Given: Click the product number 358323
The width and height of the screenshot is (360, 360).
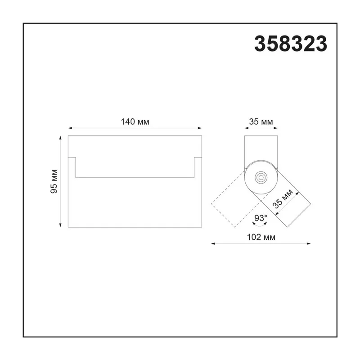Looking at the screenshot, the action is pos(291,44).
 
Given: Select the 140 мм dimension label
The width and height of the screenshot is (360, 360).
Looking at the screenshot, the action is pos(135,121).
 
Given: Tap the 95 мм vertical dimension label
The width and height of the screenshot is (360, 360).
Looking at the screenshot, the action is pos(54,181).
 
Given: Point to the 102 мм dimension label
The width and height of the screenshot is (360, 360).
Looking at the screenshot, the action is pos(261,237).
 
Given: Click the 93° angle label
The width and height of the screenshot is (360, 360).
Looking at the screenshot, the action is pos(261,218).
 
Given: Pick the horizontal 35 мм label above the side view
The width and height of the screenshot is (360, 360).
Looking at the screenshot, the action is pos(261,121).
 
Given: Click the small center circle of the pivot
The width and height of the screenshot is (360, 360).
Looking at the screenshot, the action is pos(261,177).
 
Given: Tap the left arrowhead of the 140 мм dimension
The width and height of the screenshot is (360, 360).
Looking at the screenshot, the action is pos(70,128).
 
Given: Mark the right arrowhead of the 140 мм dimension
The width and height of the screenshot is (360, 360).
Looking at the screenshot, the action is pos(200,128).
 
